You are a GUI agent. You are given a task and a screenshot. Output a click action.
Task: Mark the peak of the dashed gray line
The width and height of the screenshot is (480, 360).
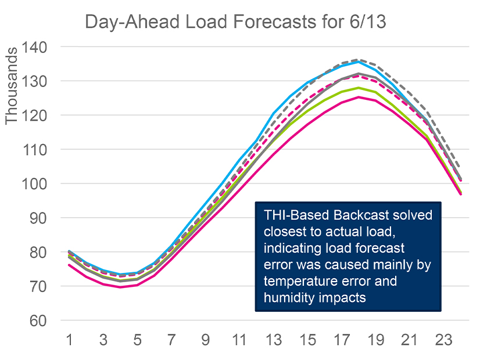pos(359,59)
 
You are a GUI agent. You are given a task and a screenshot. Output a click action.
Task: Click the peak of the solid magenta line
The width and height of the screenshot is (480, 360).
pos(359,97)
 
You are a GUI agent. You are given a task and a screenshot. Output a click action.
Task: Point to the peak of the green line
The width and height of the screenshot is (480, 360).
pos(359,88)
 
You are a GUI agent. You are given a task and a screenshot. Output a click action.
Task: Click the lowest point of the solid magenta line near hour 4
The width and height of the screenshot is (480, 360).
pos(120,287)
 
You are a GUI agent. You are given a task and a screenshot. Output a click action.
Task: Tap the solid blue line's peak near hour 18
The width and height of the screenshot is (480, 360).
pos(359,62)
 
